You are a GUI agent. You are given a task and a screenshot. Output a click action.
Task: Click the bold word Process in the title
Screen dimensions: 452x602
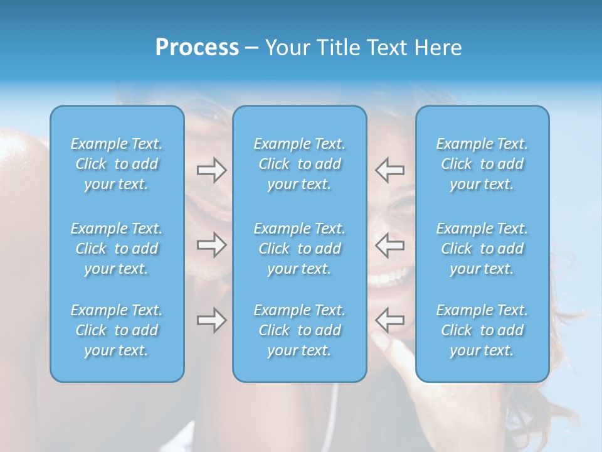click(197, 48)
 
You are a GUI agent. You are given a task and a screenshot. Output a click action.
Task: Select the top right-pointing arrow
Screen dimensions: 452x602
click(211, 170)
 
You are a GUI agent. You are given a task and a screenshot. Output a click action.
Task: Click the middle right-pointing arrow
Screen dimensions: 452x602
click(211, 245)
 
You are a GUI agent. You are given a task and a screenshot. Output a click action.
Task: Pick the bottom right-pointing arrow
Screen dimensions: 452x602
click(211, 320)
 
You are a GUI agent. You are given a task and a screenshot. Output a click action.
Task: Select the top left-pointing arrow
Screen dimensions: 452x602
click(390, 170)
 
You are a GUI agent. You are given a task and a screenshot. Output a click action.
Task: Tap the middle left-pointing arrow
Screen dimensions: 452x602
click(390, 245)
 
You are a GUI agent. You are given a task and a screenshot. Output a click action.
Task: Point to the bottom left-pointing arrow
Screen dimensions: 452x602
click(390, 320)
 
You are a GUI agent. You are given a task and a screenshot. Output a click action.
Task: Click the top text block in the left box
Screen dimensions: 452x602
click(117, 164)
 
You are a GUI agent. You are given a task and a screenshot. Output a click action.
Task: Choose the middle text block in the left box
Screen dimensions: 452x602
click(117, 249)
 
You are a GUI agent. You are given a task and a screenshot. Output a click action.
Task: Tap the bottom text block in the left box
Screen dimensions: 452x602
click(117, 330)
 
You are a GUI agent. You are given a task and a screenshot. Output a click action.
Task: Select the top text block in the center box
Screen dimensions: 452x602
click(300, 164)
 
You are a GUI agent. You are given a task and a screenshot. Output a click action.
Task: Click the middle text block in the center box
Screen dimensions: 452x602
click(300, 249)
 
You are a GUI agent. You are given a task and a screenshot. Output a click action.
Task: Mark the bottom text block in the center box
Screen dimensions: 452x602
click(300, 330)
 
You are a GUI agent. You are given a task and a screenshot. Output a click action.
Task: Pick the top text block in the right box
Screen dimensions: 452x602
click(482, 164)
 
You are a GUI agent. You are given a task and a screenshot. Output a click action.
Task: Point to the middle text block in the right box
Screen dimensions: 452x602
click(482, 249)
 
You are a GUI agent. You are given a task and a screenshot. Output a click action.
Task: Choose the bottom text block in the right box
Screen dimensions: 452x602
click(482, 330)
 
